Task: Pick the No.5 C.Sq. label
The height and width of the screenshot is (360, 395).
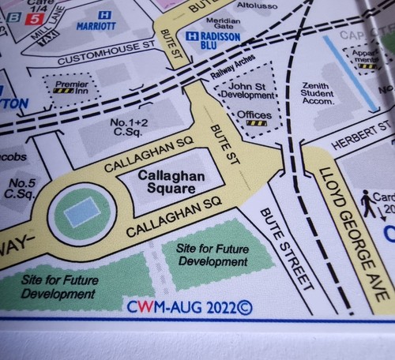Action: pos(20,188)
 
